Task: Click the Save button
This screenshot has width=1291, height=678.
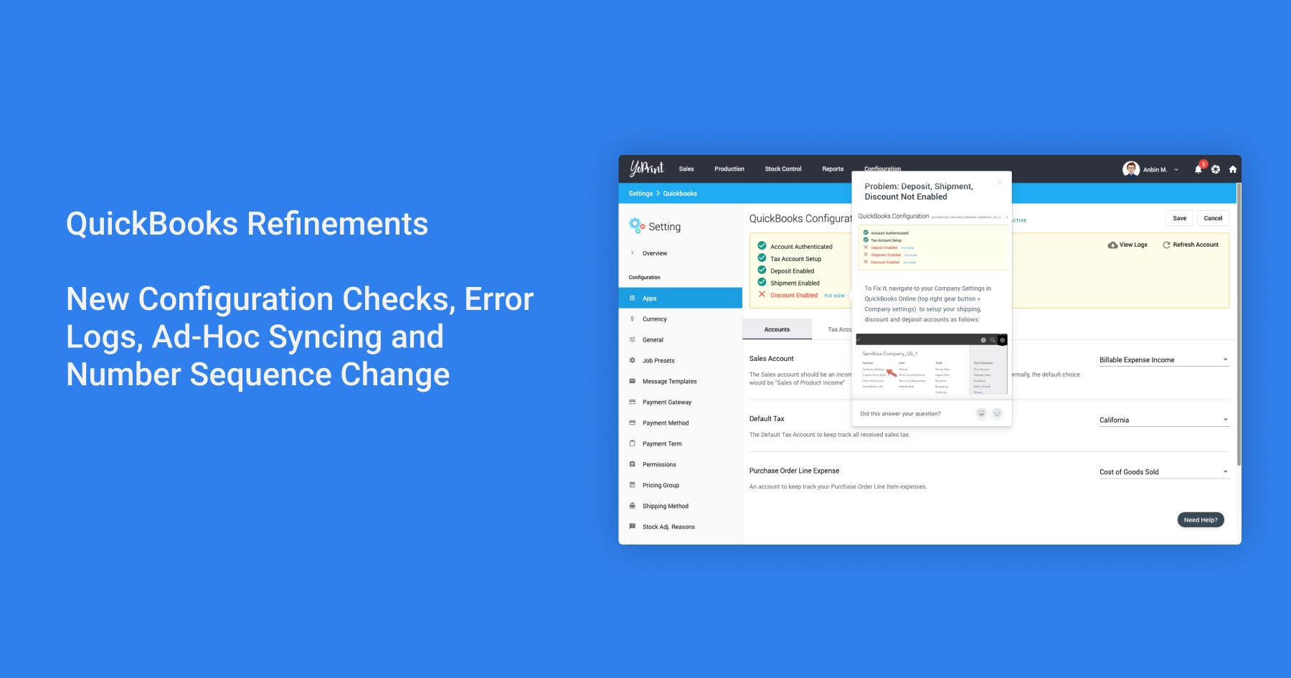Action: pos(1179,218)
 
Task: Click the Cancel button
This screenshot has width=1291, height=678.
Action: pos(1213,218)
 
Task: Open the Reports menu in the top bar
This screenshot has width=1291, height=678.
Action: pos(832,169)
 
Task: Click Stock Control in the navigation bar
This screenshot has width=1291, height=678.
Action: pos(782,169)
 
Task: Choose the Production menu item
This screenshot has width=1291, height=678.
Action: pos(729,169)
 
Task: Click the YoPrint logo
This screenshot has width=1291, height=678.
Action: pos(647,169)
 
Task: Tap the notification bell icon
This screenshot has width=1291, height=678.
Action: pos(1198,169)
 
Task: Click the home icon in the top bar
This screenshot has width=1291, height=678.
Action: pos(1232,169)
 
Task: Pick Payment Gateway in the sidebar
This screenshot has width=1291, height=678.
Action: pos(666,402)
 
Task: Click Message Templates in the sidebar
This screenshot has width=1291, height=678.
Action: pos(669,381)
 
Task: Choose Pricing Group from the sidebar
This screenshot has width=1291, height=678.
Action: pos(661,485)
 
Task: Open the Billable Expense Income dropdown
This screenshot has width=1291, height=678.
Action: pos(1163,359)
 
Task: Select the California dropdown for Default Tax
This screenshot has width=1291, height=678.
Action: pos(1163,420)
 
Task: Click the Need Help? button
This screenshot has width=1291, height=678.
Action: pos(1200,519)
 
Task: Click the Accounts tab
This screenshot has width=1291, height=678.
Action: pos(777,329)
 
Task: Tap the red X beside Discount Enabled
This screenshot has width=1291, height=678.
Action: pos(762,295)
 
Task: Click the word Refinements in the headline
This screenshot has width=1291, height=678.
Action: pos(337,223)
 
